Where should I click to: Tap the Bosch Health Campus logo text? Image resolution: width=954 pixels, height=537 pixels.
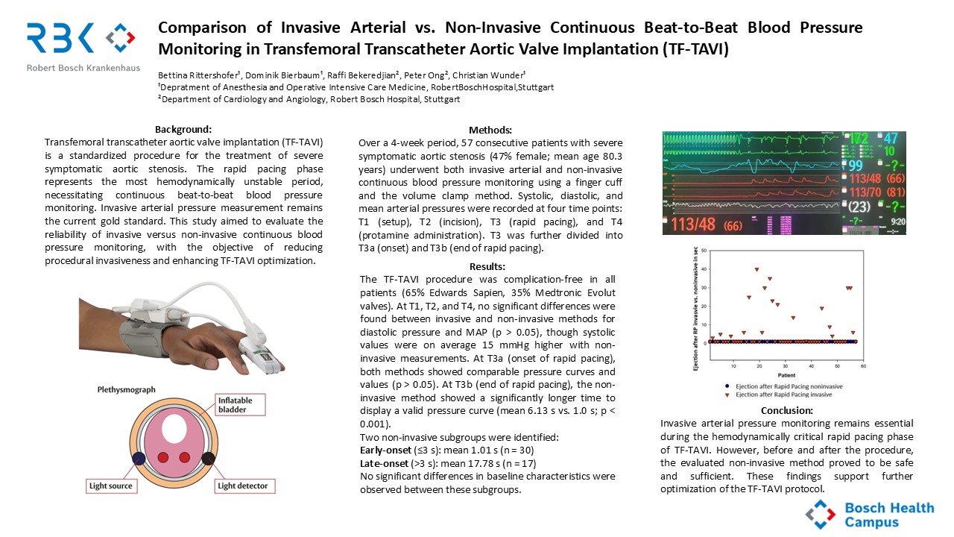coord(888,515)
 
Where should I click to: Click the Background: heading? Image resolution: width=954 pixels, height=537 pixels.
coord(183,128)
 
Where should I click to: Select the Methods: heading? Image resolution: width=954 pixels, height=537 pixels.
coord(490,130)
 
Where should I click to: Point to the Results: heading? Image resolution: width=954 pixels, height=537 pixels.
coord(487,266)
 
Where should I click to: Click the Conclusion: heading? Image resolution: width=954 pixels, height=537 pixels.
coord(787,411)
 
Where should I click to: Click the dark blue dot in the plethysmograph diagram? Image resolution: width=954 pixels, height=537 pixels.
coord(139,457)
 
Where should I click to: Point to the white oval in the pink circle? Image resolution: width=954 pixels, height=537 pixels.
coord(174,429)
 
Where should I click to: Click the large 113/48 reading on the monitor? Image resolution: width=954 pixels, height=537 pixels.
coord(696,223)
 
